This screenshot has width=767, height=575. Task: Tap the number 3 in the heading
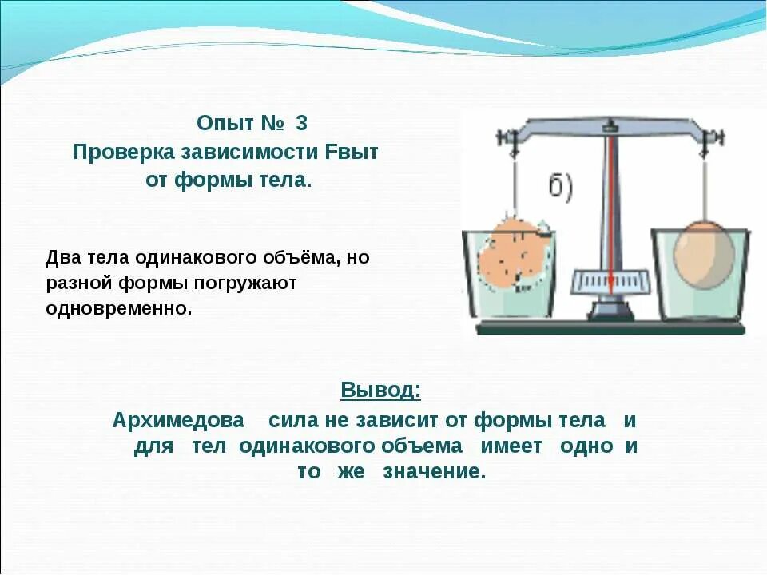(301, 125)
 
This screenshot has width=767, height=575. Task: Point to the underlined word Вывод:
(380, 390)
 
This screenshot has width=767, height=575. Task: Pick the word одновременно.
(119, 308)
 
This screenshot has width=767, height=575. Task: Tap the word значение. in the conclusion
(434, 471)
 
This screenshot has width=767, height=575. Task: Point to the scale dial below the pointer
(610, 282)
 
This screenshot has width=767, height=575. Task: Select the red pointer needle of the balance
(611, 208)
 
